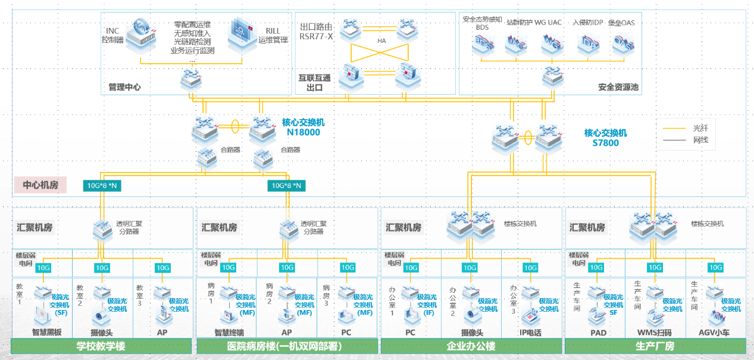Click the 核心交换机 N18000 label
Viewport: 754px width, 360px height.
(304, 127)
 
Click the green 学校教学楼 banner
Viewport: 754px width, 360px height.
(101, 346)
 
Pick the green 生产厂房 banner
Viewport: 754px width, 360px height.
(655, 346)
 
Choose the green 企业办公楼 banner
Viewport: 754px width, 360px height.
(471, 346)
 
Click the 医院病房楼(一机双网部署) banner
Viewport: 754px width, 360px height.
(286, 346)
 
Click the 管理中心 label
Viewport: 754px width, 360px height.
(124, 87)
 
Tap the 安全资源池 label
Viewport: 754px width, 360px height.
(618, 87)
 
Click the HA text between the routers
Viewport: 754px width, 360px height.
(381, 41)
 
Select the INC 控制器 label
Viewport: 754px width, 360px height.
(112, 35)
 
